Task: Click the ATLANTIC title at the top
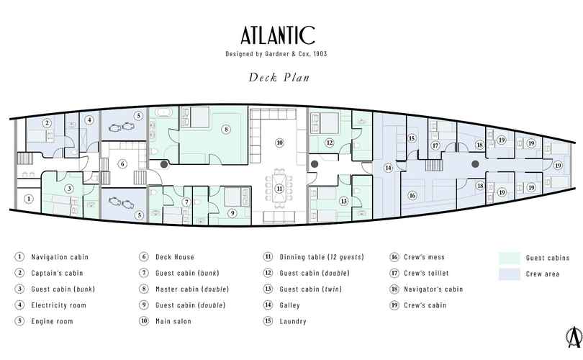(278, 35)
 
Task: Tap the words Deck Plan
(279, 77)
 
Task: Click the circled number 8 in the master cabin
(226, 130)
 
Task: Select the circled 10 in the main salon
(279, 143)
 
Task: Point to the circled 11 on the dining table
(279, 189)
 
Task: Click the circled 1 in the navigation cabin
(29, 199)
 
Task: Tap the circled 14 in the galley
(388, 168)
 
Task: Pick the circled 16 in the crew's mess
(412, 195)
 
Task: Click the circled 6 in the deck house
(122, 164)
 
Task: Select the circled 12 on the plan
(329, 143)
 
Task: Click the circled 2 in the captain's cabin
(47, 122)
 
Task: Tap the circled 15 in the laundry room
(412, 138)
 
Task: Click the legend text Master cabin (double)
(192, 289)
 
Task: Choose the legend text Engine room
(52, 321)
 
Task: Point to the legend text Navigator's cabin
(433, 289)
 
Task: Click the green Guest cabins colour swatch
(510, 258)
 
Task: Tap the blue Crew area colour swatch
(510, 274)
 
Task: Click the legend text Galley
(289, 305)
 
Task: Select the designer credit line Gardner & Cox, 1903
(296, 53)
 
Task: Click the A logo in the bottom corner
(574, 337)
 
